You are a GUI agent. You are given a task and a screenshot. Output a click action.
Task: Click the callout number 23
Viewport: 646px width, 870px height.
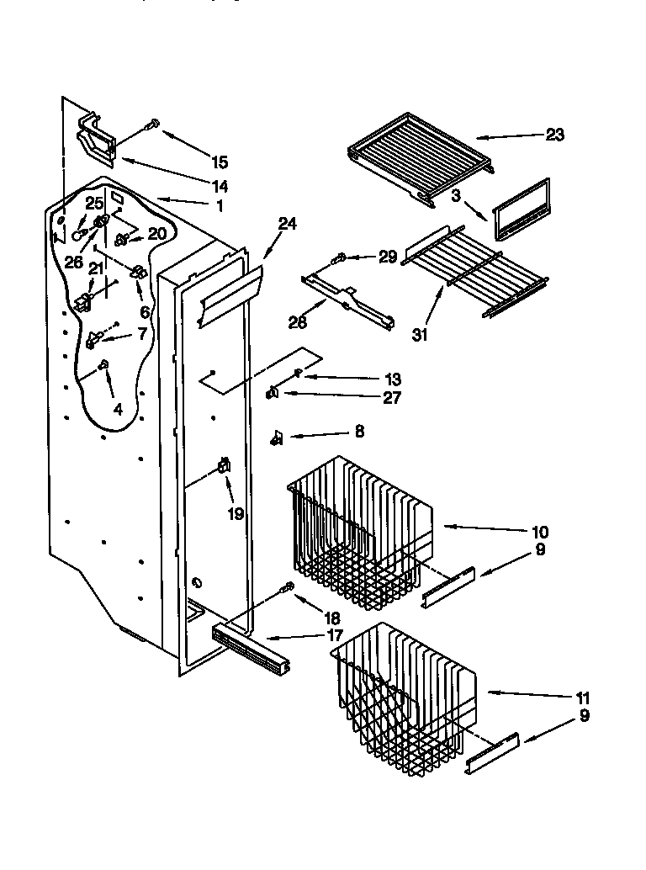[555, 135]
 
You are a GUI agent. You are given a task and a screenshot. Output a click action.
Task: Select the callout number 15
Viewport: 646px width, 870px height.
[220, 162]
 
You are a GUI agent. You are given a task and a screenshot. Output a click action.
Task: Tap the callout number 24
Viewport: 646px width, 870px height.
[288, 224]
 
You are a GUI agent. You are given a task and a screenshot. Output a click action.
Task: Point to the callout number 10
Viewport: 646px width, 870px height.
[540, 532]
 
